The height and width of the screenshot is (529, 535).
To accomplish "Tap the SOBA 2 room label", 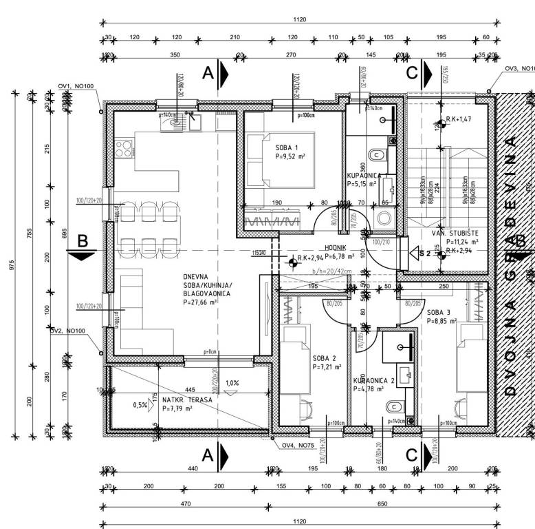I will point(324,359).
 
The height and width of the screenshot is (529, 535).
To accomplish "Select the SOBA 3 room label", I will point(439,311).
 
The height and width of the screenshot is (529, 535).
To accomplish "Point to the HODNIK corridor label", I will point(336,249).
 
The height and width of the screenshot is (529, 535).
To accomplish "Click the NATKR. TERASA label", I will point(187,400).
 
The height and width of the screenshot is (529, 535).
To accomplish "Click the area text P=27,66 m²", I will point(206,302).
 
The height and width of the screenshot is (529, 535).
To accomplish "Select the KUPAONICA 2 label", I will point(374,380).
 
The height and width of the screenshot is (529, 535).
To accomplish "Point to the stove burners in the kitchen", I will point(123,148).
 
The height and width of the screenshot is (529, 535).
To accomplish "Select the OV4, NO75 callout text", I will point(298,445).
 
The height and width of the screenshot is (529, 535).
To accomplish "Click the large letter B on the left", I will point(83,241).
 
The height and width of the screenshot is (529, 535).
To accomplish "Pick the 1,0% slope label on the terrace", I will point(232,383).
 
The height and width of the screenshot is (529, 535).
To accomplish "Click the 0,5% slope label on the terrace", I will point(140,405).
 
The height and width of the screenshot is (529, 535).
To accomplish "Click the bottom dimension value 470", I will point(185,504).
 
